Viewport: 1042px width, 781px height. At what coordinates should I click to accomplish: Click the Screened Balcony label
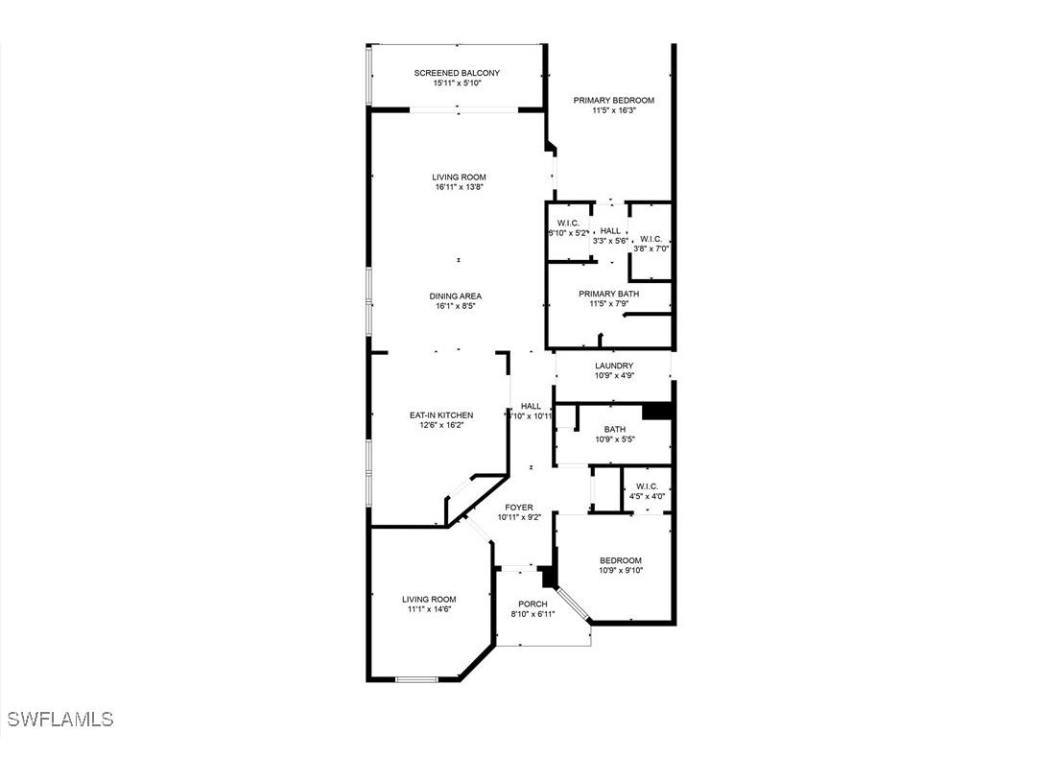click(x=457, y=73)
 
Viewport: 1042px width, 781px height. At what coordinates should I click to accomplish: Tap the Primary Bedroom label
click(x=614, y=100)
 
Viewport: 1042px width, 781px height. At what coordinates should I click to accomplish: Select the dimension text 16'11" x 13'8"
click(x=459, y=187)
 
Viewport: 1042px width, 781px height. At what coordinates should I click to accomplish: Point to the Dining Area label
click(x=456, y=296)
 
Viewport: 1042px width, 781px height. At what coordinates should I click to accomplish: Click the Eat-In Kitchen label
click(x=441, y=414)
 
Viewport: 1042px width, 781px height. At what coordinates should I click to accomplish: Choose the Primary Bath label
click(x=608, y=294)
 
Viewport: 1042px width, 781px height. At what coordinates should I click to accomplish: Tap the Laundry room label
click(x=614, y=366)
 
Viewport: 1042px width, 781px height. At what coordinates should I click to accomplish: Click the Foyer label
click(x=519, y=508)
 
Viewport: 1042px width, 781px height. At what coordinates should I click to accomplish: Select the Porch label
click(x=533, y=603)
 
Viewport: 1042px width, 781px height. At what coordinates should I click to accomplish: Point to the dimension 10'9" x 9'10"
click(x=621, y=571)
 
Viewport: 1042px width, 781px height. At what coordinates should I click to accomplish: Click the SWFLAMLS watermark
click(x=59, y=719)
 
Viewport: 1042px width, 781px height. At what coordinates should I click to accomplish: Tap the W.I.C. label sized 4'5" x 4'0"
click(x=647, y=485)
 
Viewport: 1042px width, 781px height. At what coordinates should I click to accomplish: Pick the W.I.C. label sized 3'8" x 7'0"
click(x=651, y=239)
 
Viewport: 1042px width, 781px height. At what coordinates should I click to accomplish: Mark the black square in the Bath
click(x=656, y=410)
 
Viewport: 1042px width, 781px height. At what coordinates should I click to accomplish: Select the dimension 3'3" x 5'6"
click(x=610, y=241)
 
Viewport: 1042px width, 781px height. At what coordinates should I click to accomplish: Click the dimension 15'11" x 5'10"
click(x=457, y=83)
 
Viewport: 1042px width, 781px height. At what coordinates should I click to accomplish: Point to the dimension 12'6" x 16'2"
click(x=441, y=425)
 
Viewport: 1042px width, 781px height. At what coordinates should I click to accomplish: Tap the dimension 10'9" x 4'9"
click(x=614, y=376)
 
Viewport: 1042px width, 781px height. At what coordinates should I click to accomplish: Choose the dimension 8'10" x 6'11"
click(x=533, y=614)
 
